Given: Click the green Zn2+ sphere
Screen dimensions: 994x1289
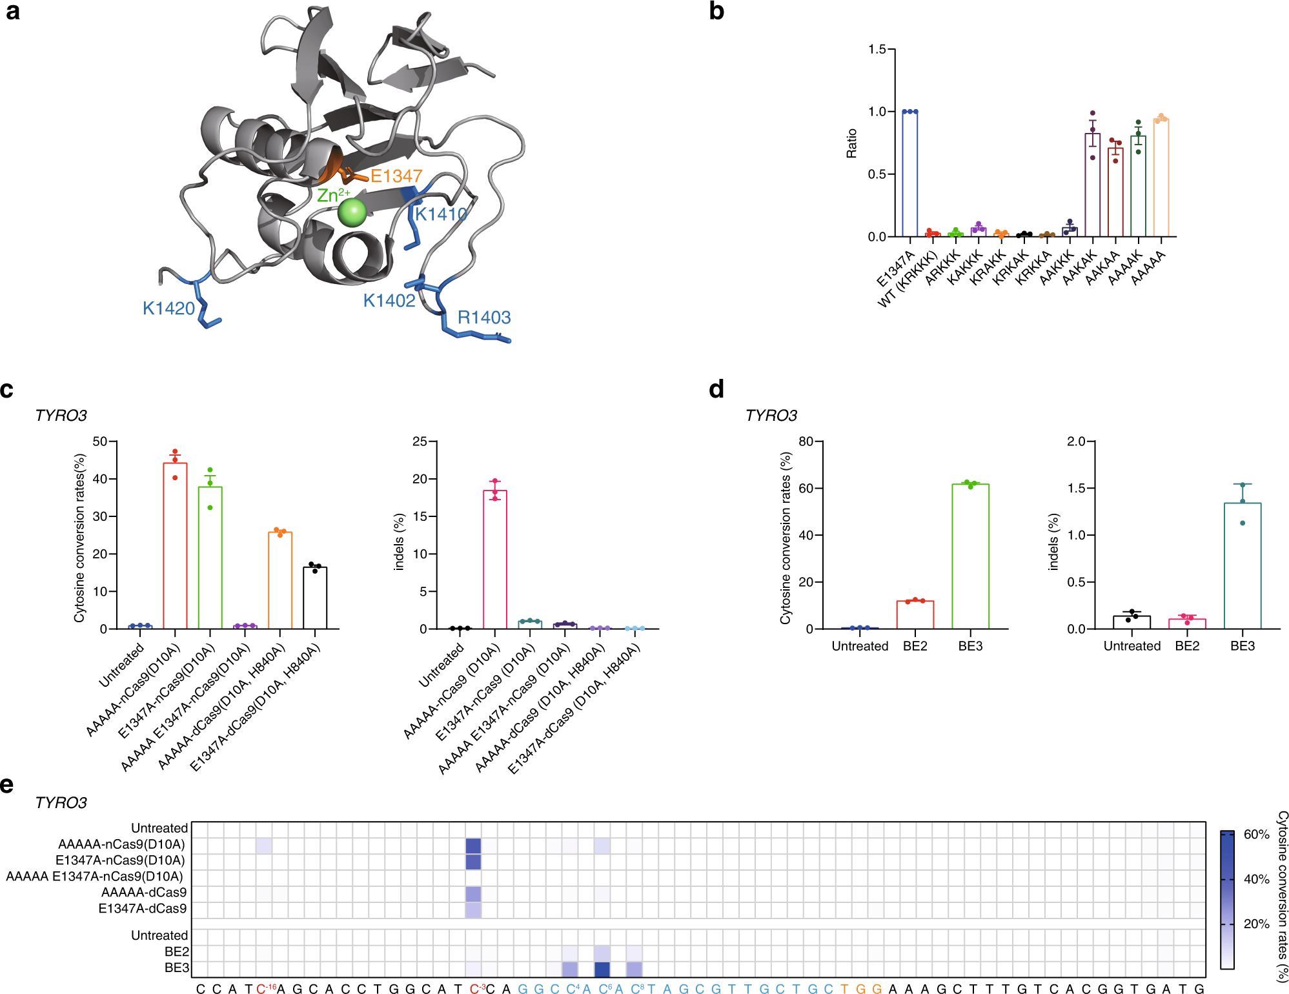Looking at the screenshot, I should click(352, 212).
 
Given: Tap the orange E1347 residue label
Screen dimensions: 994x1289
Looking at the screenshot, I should click(396, 176).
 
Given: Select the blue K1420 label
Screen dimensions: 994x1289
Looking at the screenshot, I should click(168, 309).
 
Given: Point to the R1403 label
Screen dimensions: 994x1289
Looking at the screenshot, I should click(484, 318).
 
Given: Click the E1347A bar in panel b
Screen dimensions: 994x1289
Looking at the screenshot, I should click(909, 174).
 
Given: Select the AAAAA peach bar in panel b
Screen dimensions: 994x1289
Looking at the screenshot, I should click(1161, 178).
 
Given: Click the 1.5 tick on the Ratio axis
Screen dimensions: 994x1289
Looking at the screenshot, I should click(877, 50).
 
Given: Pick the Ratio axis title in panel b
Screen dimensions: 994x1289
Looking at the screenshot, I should click(852, 143).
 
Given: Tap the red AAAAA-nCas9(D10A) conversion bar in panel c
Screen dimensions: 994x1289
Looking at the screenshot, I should click(175, 545).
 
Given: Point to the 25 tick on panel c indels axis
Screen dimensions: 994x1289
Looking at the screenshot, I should click(420, 441).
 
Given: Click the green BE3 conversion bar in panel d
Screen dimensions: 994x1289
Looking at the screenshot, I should click(970, 556).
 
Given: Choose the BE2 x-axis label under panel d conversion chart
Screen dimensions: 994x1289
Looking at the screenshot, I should click(915, 646).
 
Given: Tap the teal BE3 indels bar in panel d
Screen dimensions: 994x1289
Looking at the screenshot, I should click(1242, 565).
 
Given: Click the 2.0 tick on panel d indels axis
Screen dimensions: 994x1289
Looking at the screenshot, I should click(1076, 441).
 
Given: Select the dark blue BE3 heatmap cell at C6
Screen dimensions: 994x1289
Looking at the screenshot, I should click(602, 968).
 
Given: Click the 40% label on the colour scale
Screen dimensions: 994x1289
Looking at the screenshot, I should click(1256, 879).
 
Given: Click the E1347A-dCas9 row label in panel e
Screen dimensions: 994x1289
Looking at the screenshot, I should click(142, 908).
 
